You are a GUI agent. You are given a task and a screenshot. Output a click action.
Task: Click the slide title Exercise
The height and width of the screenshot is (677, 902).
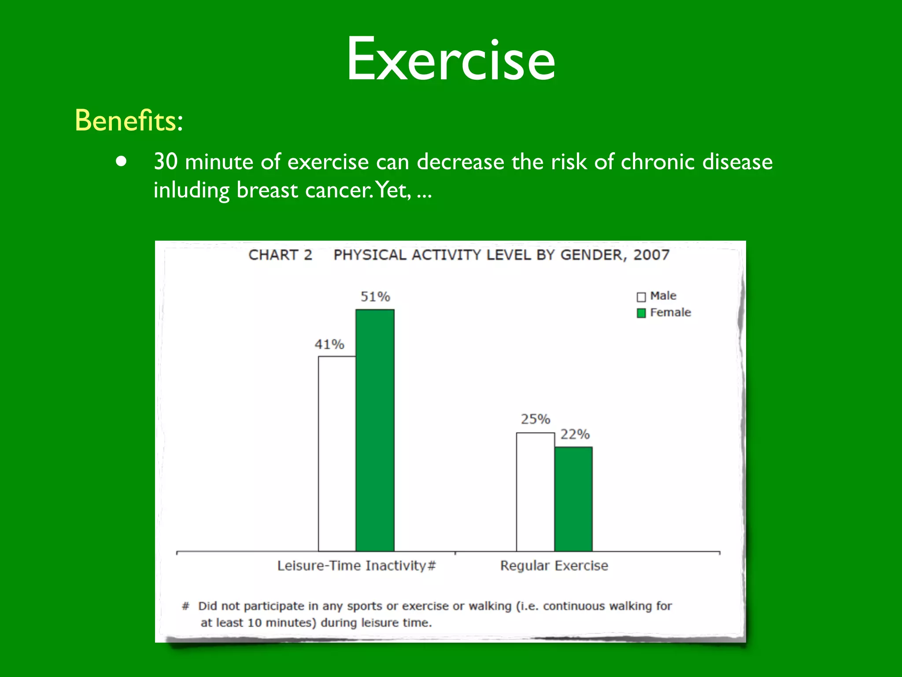451,59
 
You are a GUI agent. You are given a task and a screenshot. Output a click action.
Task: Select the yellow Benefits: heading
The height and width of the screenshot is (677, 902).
129,120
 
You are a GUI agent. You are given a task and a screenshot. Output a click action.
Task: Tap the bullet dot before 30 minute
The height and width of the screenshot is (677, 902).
121,161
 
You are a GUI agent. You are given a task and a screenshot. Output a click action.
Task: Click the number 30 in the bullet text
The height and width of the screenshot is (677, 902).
166,162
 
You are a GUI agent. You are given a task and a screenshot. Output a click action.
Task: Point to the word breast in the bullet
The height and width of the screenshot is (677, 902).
267,190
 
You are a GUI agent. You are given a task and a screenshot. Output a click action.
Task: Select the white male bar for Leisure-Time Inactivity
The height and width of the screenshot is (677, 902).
337,454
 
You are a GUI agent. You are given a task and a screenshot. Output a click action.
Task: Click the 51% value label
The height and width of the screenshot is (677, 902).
375,297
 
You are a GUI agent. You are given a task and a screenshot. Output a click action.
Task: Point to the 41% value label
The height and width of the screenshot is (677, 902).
329,344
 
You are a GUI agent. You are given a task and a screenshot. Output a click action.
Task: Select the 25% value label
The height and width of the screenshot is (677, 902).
536,419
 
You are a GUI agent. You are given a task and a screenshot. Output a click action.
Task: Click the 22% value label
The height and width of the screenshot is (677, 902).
575,435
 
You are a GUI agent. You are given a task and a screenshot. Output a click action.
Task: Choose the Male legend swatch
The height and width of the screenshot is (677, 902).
641,297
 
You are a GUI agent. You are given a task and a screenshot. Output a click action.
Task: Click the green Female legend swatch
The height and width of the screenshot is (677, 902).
641,313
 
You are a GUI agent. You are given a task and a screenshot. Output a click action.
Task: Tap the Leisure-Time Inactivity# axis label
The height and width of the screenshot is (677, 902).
356,565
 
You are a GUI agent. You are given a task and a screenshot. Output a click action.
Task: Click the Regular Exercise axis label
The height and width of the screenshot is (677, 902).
554,565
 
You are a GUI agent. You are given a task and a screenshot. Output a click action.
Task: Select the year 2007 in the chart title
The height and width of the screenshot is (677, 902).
651,255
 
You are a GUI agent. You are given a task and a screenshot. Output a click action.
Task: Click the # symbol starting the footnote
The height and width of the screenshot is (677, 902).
185,606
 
